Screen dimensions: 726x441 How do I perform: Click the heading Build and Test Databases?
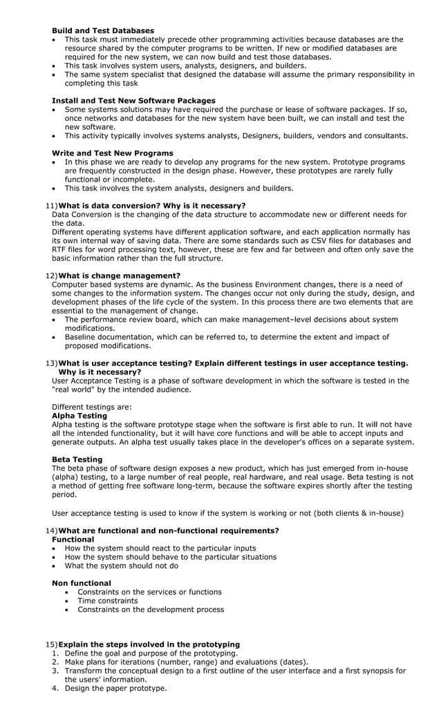click(103, 30)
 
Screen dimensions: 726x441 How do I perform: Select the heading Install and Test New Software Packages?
click(133, 101)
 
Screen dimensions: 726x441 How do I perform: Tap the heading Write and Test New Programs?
click(113, 153)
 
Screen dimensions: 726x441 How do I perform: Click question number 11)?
click(52, 205)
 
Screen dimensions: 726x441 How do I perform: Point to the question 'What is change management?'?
click(120, 276)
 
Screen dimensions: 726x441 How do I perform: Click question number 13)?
click(52, 363)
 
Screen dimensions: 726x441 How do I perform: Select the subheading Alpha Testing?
click(79, 416)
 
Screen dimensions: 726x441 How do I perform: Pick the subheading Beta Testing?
click(77, 459)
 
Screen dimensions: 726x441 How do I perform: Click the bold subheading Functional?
click(73, 539)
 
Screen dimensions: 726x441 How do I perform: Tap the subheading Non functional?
click(82, 583)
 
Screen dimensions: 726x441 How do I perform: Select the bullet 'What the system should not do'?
click(121, 566)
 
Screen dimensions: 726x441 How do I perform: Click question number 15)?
click(52, 644)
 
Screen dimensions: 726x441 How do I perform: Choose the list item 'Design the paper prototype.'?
click(115, 688)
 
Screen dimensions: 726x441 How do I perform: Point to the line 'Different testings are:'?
click(92, 407)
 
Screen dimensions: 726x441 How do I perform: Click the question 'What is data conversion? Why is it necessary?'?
click(152, 205)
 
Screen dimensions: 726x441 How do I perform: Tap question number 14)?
click(52, 531)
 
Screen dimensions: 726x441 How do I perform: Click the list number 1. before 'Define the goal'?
click(56, 653)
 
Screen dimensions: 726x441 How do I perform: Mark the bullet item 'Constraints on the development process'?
click(150, 609)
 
